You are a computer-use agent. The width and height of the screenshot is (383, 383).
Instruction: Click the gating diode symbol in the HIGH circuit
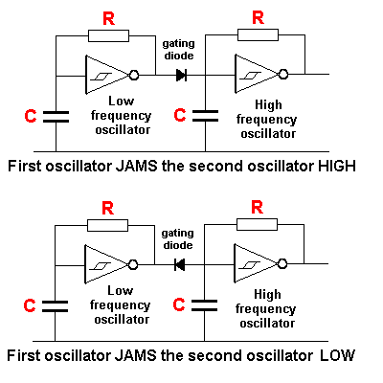click(181, 75)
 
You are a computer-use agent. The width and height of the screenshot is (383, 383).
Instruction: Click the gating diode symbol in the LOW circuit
click(180, 264)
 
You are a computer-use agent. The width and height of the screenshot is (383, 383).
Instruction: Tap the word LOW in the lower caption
click(337, 355)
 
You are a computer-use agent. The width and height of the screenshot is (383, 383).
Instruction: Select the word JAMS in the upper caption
click(136, 167)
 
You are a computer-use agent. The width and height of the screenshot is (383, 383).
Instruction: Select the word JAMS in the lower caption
click(136, 355)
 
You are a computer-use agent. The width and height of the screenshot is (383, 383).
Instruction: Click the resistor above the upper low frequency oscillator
click(108, 36)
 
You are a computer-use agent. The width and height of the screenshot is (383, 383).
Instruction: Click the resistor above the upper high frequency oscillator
click(258, 34)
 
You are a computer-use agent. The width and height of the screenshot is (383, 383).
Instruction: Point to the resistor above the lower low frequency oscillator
click(107, 225)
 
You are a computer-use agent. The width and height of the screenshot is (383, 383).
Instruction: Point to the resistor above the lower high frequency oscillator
click(257, 224)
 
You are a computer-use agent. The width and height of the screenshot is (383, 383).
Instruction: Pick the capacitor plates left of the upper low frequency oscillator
click(56, 117)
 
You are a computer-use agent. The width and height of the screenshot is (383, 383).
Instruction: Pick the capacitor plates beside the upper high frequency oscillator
click(206, 116)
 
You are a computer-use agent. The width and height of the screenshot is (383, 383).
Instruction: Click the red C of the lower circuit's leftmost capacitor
click(30, 305)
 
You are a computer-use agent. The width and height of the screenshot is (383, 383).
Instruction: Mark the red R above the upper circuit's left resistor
click(108, 18)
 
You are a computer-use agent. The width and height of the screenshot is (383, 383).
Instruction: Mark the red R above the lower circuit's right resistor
click(257, 208)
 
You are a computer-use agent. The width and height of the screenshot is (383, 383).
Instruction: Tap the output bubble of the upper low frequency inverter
click(134, 76)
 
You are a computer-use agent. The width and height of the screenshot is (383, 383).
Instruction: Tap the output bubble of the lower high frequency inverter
click(282, 264)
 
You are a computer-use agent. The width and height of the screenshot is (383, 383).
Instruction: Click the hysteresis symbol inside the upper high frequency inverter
click(251, 76)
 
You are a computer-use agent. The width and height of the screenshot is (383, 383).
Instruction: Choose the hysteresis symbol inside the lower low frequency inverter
click(101, 265)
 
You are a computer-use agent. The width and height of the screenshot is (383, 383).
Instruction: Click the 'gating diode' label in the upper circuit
click(179, 50)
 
